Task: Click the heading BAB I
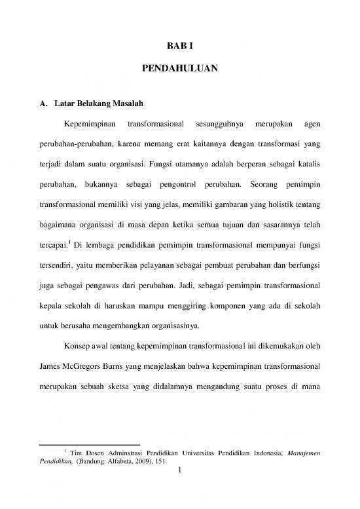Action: click(x=179, y=45)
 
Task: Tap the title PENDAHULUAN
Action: click(x=179, y=67)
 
